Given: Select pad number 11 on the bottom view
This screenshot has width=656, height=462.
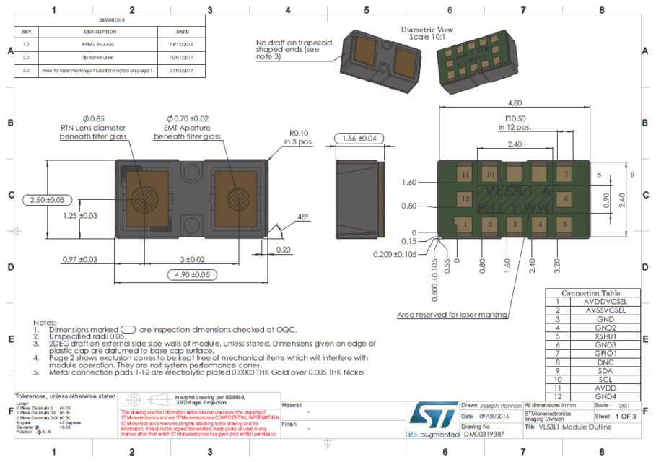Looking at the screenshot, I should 465,175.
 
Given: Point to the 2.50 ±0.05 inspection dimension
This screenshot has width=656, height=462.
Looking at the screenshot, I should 45,199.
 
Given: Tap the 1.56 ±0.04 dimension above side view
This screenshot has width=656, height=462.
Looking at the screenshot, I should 358,138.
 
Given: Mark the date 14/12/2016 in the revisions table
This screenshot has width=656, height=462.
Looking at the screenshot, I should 183,45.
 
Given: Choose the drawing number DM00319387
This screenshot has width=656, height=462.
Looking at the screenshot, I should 484,435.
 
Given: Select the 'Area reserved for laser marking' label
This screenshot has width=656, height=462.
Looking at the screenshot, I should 452,315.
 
